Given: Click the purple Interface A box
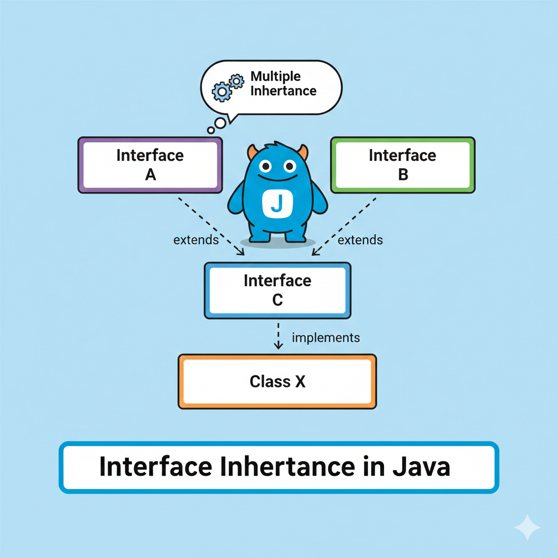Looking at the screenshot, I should (x=150, y=165).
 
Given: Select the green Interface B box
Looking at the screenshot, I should (x=403, y=165).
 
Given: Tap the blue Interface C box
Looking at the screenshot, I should (x=277, y=290).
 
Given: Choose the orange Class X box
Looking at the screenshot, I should (x=277, y=381).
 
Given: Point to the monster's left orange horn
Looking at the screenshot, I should (x=252, y=152).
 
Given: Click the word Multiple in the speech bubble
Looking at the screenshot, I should (x=276, y=76).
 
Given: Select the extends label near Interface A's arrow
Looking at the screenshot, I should (x=196, y=240).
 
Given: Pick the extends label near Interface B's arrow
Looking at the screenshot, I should (x=360, y=240).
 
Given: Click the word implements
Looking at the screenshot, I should (x=326, y=338).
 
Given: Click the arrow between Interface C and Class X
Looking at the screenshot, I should (x=278, y=336).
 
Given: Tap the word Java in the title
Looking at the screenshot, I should (x=423, y=468).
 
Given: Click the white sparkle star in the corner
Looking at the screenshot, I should (x=527, y=527).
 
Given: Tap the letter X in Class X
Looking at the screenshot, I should (x=300, y=381).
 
